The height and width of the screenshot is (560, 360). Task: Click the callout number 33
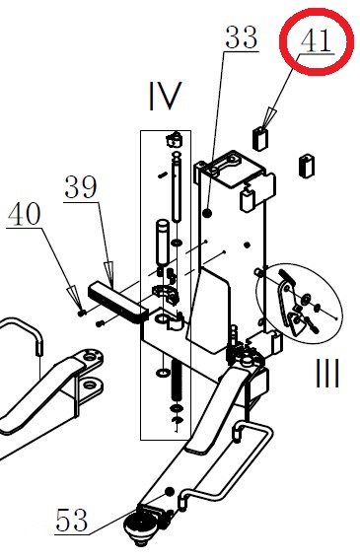coord(241,37)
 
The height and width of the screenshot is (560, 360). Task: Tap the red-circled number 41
coord(316,40)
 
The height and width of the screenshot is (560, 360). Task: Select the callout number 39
coord(81,187)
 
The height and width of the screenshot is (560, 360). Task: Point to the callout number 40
coord(25,214)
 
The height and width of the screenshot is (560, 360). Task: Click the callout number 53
coord(71,520)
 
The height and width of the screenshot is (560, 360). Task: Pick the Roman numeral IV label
coord(165,96)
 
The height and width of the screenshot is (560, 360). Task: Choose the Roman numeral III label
coord(327,374)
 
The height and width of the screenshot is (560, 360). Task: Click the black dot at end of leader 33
coord(207,213)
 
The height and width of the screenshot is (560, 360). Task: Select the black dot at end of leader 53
coord(170,491)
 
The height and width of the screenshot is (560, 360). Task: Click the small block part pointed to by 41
coord(260,139)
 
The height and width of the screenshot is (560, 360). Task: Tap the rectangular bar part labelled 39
coord(117,302)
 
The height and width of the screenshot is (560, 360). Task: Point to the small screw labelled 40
coord(82,313)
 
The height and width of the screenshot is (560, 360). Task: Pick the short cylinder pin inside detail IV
coord(163,242)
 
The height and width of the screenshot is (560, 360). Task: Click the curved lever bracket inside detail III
coord(285,303)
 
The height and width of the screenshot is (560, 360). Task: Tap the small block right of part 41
coord(307,166)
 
